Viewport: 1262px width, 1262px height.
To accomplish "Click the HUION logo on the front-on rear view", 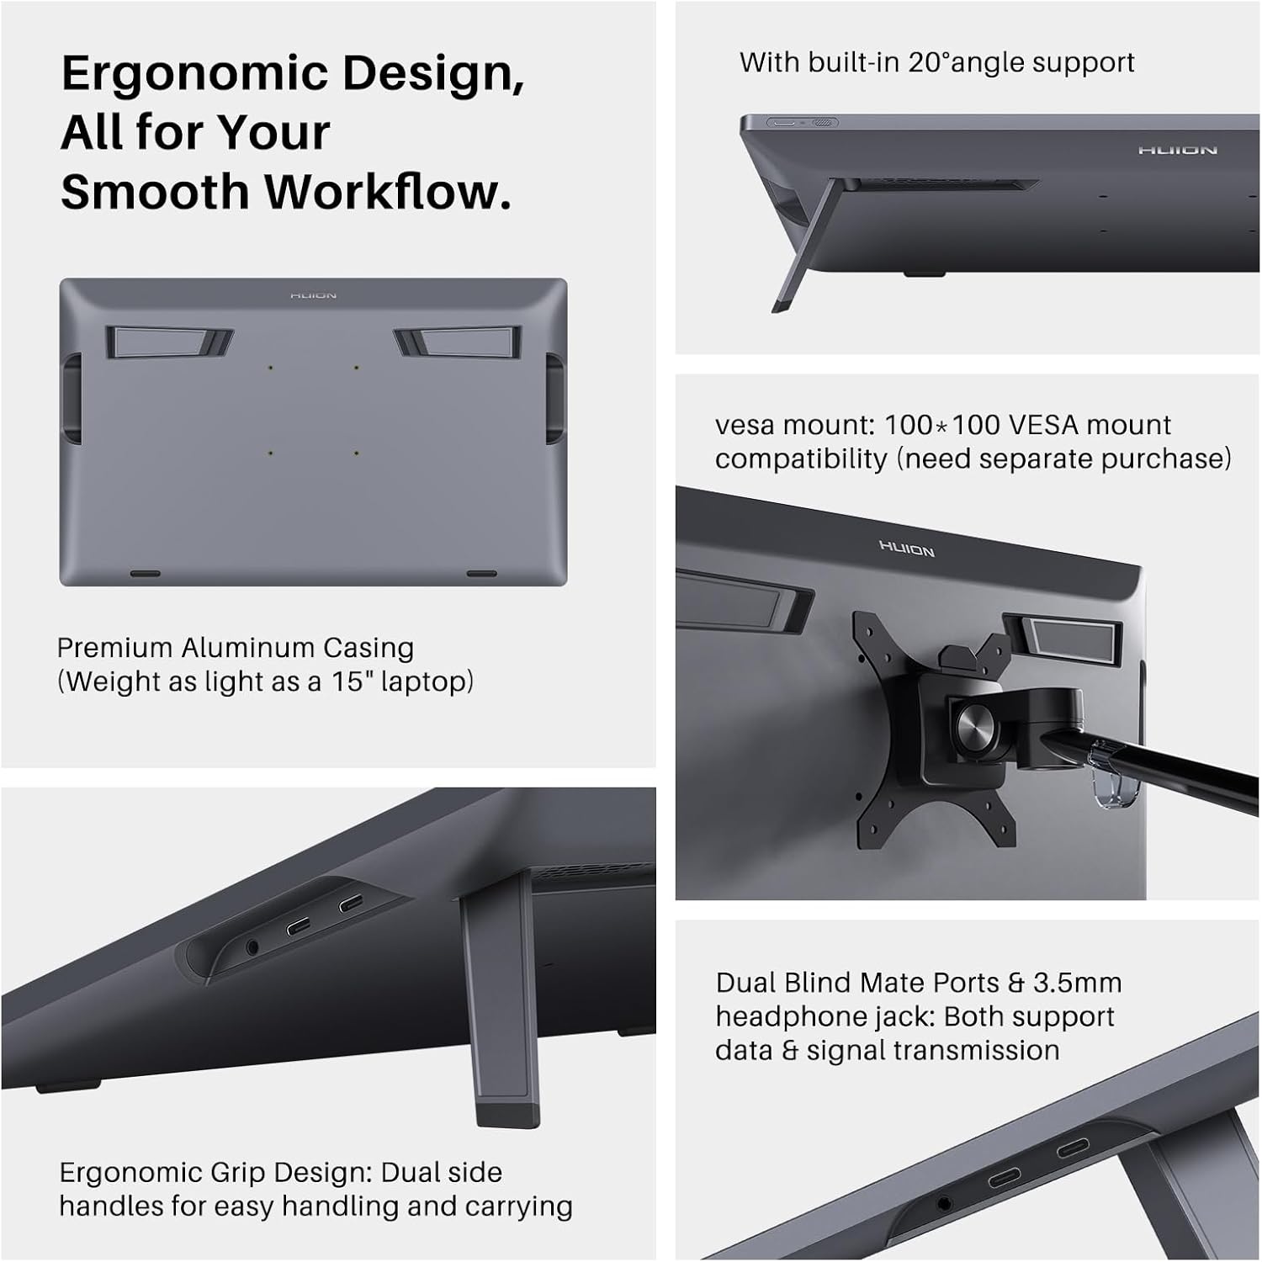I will (313, 296).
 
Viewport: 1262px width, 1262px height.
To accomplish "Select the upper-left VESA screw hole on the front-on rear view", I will (270, 368).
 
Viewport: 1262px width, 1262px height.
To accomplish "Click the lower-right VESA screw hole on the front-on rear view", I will (357, 453).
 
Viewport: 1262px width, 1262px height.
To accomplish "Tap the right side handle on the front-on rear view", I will (554, 397).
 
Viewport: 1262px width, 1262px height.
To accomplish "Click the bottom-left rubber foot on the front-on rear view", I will (145, 574).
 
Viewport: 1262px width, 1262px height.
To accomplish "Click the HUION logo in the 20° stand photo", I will (1177, 151).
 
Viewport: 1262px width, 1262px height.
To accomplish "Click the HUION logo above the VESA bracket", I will (907, 549).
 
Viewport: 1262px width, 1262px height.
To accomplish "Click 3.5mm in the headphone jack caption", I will (1077, 983).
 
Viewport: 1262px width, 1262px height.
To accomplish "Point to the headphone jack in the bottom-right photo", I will (943, 1204).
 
